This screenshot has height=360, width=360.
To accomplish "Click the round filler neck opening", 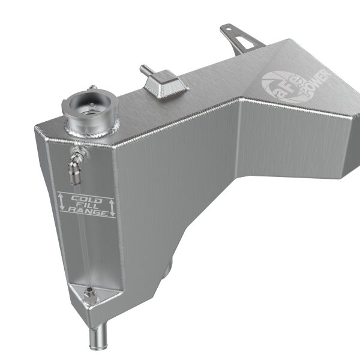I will [87, 103].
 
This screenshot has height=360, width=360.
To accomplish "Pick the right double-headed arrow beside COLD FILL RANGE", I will [112, 208].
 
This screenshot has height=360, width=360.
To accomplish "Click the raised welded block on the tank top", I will [166, 84].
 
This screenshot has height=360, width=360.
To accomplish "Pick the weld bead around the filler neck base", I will [90, 129].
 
